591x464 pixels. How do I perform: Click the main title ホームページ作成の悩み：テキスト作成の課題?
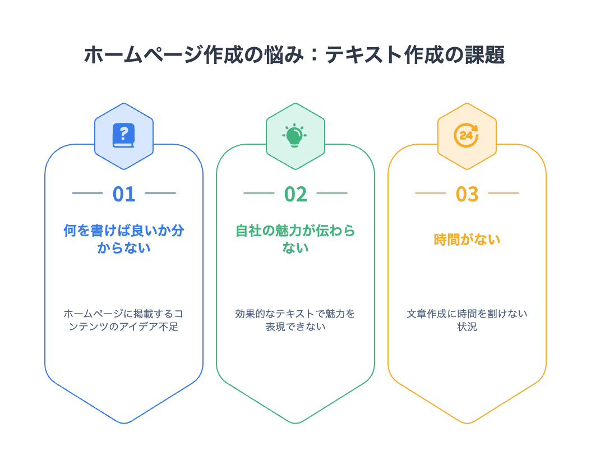point(295,56)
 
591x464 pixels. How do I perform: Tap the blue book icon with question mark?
point(124,135)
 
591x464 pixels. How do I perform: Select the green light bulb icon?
point(295,135)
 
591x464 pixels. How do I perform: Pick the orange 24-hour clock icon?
point(467,135)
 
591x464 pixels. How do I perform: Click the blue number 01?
point(124,194)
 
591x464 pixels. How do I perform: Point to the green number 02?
point(295,194)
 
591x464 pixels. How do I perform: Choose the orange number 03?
point(467,194)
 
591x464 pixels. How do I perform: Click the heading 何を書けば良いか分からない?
point(124,239)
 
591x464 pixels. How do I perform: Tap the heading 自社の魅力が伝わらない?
point(295,239)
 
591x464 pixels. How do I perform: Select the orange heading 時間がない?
point(467,240)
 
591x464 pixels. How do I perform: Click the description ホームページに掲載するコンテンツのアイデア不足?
point(124,320)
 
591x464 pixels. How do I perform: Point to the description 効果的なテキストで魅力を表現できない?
point(295,320)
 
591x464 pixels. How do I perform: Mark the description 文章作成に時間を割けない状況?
point(467,320)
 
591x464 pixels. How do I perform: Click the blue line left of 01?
point(87,193)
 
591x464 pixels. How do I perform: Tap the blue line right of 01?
point(160,193)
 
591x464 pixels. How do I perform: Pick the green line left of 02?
point(259,193)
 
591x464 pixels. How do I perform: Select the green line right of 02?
point(332,193)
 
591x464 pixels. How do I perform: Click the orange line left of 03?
point(431,193)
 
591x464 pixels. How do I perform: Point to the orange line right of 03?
point(504,193)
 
